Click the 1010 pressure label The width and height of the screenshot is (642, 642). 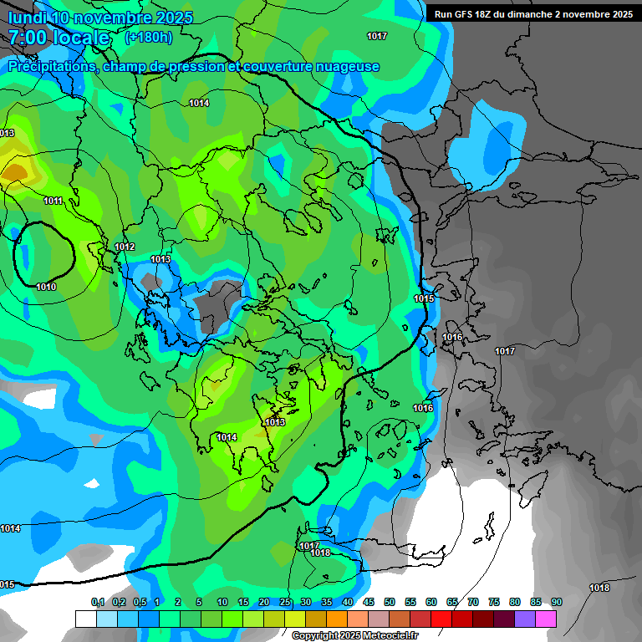(46, 287)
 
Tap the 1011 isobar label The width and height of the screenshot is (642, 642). (53, 201)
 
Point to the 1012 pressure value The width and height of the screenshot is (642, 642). (125, 247)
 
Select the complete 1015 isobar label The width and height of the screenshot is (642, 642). (424, 298)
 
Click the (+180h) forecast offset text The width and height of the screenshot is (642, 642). (148, 38)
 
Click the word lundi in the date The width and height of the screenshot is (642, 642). (27, 18)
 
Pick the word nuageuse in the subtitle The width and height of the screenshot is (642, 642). (347, 67)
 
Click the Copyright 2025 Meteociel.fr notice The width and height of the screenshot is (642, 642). (354, 636)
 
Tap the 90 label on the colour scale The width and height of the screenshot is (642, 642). (557, 603)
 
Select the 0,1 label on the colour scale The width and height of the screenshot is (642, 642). (98, 603)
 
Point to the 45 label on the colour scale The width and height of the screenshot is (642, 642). (369, 603)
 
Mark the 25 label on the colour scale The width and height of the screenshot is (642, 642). (285, 603)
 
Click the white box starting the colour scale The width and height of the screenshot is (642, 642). (85, 619)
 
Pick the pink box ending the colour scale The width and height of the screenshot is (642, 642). (546, 619)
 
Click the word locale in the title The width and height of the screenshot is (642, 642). (84, 38)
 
